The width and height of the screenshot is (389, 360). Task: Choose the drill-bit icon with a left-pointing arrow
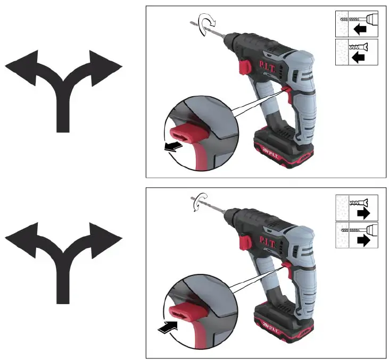357,24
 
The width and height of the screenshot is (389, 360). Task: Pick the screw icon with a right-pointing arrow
357,208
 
